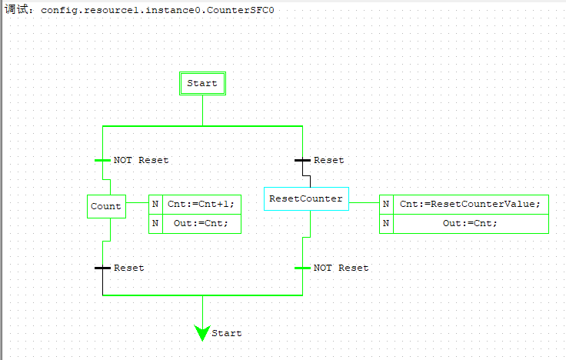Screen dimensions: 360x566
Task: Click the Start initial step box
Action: tap(202, 83)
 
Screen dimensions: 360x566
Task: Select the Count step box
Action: tap(106, 206)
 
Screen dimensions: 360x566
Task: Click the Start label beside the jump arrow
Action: tap(227, 333)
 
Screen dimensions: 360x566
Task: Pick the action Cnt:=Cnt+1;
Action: tap(201, 204)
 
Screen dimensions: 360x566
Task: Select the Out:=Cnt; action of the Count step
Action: tap(201, 223)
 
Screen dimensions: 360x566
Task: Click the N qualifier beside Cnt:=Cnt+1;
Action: tap(155, 204)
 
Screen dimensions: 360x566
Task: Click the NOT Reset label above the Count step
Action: tap(141, 160)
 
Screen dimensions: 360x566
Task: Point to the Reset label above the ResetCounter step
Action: tap(329, 160)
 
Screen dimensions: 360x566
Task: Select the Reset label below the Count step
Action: tap(129, 268)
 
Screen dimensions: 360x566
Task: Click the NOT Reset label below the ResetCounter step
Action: tap(341, 268)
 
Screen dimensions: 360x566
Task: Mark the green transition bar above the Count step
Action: tap(102, 161)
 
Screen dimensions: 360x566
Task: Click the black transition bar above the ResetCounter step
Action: tap(302, 161)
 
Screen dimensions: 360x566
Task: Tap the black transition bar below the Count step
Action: tap(102, 268)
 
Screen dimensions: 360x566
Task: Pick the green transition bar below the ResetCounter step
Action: tap(302, 268)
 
